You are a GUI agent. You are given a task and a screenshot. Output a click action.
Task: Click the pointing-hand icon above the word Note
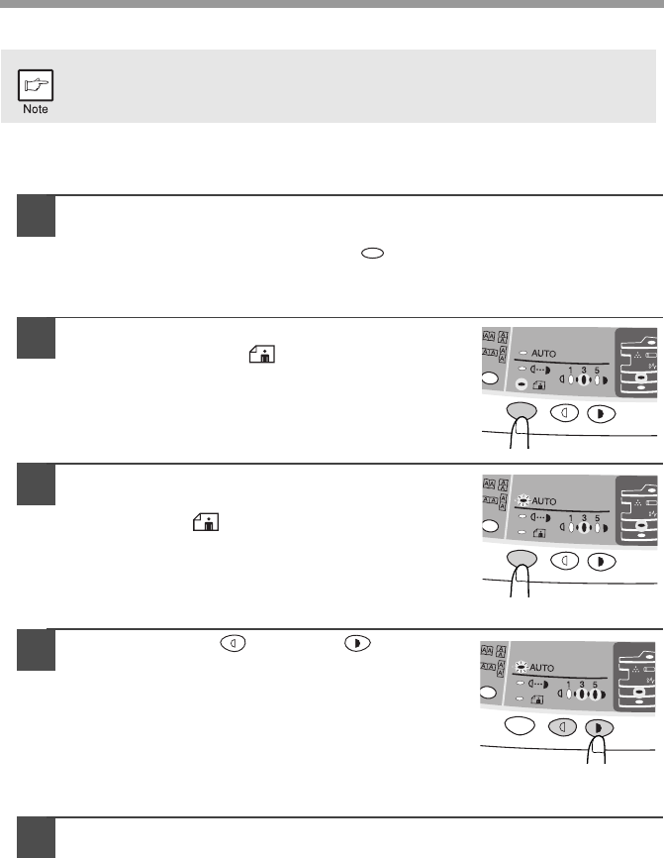point(36,85)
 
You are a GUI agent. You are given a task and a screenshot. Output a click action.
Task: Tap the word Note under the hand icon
point(36,109)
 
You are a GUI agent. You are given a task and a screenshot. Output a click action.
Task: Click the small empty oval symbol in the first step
point(372,254)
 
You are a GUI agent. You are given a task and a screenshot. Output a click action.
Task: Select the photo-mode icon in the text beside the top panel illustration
point(262,354)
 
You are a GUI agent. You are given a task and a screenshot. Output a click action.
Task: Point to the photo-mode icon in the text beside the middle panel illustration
point(206,522)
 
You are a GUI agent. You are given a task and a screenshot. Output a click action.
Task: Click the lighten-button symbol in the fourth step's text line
point(233,643)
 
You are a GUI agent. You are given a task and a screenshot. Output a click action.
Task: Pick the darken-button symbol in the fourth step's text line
point(357,643)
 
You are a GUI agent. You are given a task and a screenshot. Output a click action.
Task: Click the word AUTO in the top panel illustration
point(544,354)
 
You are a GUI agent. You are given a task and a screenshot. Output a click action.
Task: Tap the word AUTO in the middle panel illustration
point(544,500)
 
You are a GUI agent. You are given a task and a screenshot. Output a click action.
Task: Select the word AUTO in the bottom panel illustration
point(541,668)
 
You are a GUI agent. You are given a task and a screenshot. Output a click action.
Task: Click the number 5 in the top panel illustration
point(597,371)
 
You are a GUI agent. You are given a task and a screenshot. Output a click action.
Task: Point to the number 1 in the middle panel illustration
point(571,517)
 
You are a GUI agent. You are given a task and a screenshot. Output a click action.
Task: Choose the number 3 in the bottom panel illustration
point(582,685)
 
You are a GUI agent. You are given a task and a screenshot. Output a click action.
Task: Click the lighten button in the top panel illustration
point(564,412)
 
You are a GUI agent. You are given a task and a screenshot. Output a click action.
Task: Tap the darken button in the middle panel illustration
point(602,563)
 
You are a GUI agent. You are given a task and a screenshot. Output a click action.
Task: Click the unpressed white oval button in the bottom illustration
point(520,725)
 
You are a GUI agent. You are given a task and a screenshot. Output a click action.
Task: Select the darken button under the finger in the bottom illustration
point(600,728)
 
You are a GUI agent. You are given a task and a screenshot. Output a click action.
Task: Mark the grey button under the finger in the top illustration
point(522,410)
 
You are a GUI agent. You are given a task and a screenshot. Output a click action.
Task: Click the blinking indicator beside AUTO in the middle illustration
point(523,500)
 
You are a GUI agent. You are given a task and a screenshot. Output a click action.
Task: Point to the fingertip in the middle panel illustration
point(522,569)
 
